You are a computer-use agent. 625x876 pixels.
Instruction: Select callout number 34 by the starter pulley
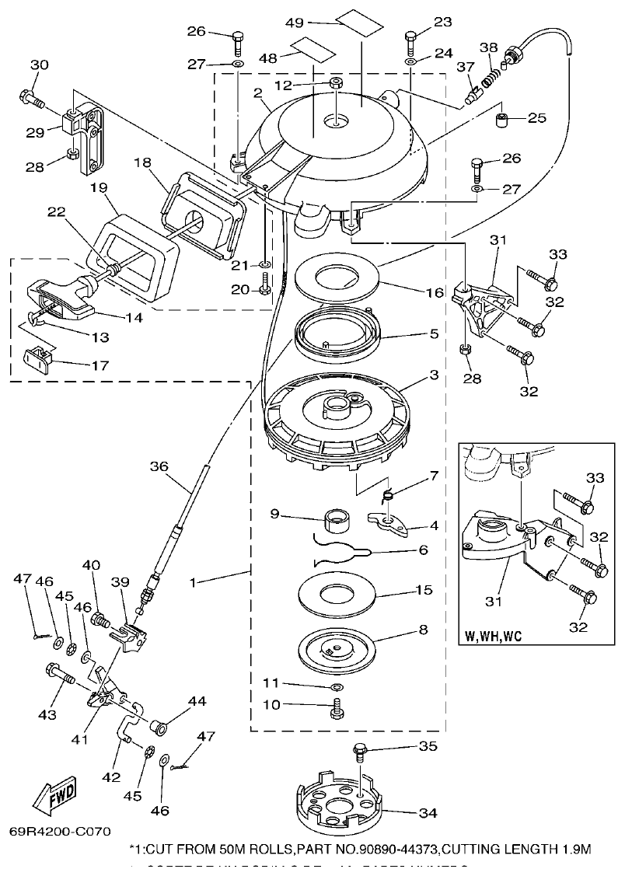(x=427, y=813)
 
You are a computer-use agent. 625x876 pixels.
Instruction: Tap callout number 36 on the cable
(x=159, y=467)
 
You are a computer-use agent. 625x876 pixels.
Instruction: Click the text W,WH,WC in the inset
(x=494, y=636)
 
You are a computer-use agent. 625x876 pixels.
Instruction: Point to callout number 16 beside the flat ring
(x=435, y=293)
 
